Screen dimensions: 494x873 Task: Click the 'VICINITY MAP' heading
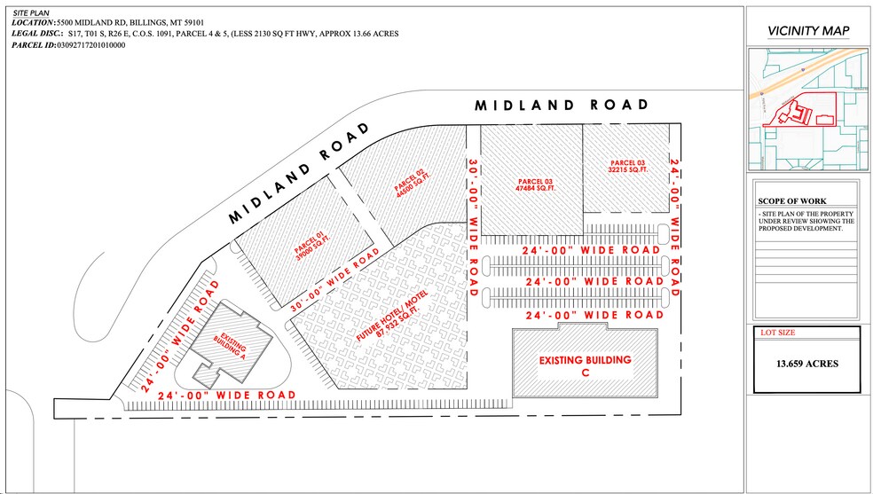click(807, 32)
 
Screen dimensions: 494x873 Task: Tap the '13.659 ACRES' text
click(807, 364)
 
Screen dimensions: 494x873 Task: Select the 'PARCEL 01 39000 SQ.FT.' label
click(308, 245)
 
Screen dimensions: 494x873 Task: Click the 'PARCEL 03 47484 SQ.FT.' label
click(536, 185)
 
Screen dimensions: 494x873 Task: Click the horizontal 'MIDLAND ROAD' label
click(562, 105)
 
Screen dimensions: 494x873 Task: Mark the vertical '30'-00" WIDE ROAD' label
click(472, 226)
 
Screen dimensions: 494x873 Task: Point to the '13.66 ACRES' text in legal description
click(374, 33)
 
